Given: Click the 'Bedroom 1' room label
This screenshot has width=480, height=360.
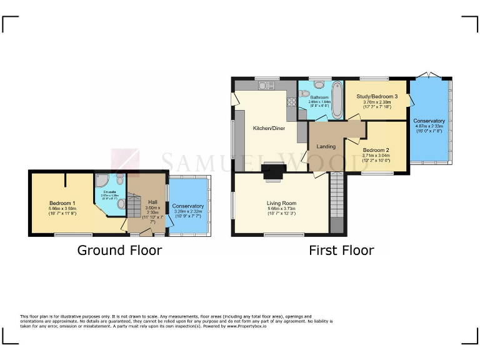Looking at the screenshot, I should [62, 203].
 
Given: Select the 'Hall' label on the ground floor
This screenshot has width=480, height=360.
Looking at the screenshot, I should [152, 202].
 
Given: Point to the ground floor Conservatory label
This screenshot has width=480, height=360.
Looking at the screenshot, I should [188, 206].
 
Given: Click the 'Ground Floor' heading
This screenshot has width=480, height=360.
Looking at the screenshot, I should [119, 251].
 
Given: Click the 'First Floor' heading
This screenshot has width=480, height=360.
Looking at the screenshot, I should [341, 251].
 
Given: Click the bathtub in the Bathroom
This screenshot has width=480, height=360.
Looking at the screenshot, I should [337, 100].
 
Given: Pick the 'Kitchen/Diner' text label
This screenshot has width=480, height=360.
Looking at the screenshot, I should [269, 128].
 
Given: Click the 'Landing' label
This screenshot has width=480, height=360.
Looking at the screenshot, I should [326, 147].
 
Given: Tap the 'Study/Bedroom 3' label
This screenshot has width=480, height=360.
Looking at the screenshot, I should [377, 97].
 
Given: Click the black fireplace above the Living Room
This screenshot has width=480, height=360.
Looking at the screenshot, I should [272, 170].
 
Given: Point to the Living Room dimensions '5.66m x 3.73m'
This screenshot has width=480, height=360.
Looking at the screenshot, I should [281, 211].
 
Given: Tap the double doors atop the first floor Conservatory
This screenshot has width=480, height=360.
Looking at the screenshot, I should [426, 76].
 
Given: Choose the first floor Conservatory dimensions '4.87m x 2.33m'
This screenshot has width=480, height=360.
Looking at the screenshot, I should [429, 126].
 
